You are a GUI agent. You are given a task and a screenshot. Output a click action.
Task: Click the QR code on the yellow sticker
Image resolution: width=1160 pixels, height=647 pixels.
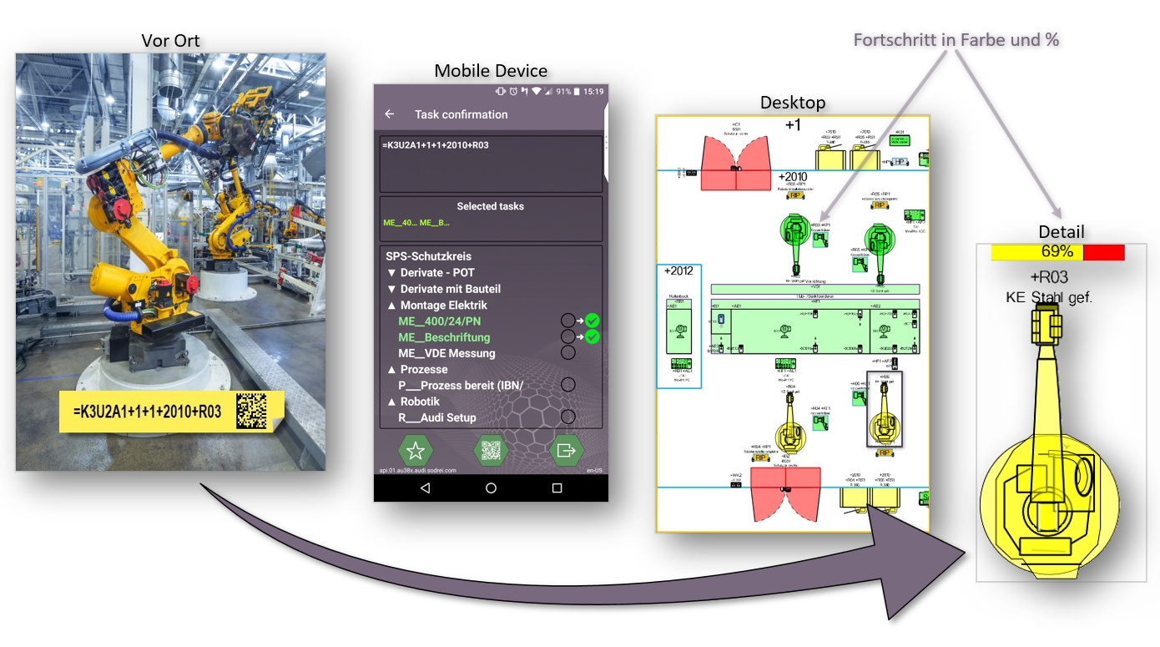point(251,410)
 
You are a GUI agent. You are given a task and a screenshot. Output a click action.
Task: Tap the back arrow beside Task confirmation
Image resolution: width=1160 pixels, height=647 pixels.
point(390,114)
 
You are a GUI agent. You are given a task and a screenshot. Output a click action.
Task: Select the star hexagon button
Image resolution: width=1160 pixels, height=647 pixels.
point(415,451)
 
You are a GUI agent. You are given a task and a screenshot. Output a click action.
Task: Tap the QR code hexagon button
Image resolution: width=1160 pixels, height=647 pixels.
point(491,451)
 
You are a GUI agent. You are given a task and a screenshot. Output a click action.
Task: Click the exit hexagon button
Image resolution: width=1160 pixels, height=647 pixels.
point(566,451)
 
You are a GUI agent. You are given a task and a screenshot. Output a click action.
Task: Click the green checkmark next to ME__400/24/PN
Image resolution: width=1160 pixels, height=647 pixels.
point(593,321)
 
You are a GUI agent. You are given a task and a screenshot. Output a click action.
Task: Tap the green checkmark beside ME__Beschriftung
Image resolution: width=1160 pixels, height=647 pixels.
point(593,336)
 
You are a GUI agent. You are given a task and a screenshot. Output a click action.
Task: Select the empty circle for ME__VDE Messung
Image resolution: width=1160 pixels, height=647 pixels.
point(568,352)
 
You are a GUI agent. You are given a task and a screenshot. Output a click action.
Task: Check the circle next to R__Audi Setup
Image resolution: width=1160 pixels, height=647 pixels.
point(568,417)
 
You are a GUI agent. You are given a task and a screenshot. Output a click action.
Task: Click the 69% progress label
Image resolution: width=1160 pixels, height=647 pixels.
point(1057,251)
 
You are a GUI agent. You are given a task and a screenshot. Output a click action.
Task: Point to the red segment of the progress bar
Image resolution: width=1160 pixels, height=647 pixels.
point(1103,252)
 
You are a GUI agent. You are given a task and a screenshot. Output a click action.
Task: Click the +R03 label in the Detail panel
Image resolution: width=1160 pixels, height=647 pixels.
point(1049,277)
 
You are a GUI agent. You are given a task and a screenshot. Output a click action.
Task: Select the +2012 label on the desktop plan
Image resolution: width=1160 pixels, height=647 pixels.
point(678,271)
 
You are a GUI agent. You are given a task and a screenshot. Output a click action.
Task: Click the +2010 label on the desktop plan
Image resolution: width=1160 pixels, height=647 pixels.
point(792,177)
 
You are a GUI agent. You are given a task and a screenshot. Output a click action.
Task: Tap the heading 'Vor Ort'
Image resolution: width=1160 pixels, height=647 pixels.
point(170,41)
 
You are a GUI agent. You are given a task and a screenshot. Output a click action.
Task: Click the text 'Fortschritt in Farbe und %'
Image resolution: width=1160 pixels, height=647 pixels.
point(956,39)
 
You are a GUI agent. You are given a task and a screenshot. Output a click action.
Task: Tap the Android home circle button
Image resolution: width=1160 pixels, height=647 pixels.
point(491,488)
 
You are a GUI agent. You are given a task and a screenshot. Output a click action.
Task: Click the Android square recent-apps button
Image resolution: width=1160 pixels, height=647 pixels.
point(557,488)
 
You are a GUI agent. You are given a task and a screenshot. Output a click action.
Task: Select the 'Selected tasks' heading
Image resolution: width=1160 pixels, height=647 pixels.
point(490,206)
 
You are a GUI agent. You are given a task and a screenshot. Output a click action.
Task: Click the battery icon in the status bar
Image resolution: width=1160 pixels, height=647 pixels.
point(576,91)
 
